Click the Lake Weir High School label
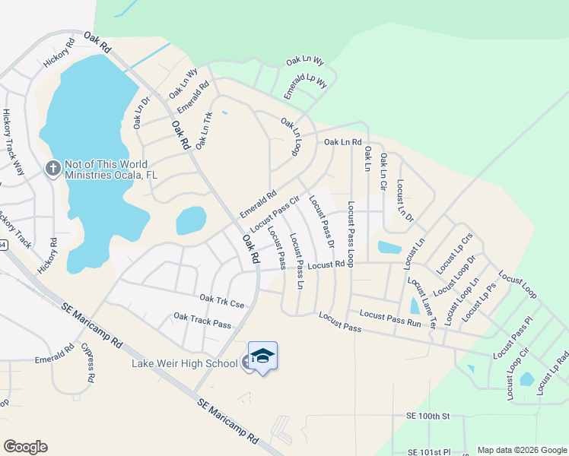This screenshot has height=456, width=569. tap(185, 363)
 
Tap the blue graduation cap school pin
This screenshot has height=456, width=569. tap(263, 356)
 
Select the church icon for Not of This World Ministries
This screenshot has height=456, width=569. tap(52, 168)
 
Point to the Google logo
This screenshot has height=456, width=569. tap(25, 447)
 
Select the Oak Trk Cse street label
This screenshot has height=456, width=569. tap(221, 302)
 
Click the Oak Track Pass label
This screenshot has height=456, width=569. tap(202, 321)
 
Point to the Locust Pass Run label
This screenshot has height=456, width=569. tap(390, 318)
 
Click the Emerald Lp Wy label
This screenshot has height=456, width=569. tap(305, 82)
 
